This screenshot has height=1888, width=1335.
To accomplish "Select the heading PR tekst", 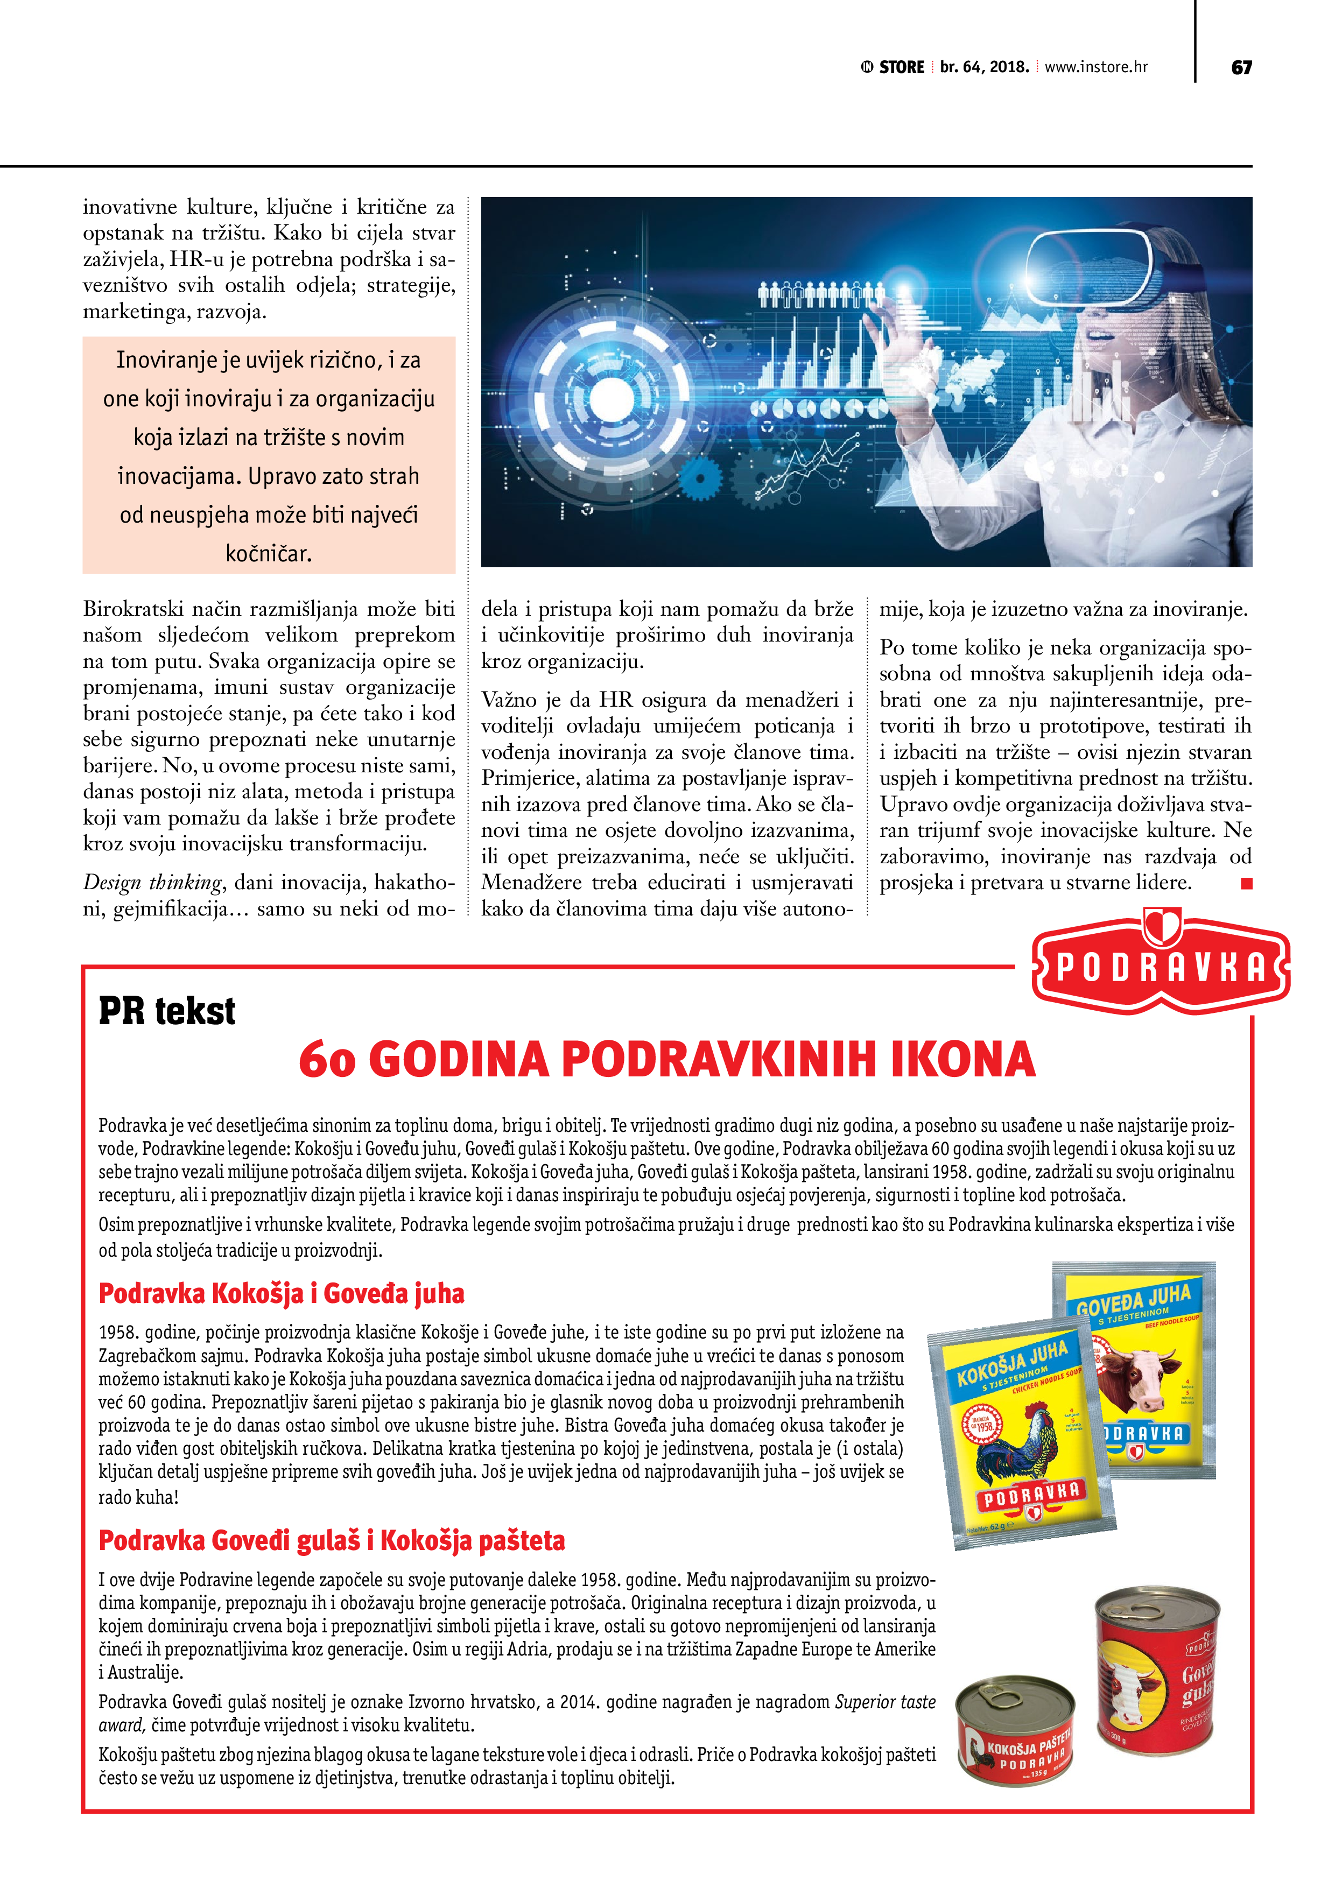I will pos(167,1011).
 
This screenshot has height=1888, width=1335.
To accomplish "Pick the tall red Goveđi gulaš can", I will pos(1158,1669).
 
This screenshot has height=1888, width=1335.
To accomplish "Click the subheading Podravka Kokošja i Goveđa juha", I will pos(282,1293).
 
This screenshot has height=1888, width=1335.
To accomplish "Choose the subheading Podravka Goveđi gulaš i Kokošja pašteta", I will pos(332,1540).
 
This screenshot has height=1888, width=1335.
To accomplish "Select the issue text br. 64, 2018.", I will pos(985,67).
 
